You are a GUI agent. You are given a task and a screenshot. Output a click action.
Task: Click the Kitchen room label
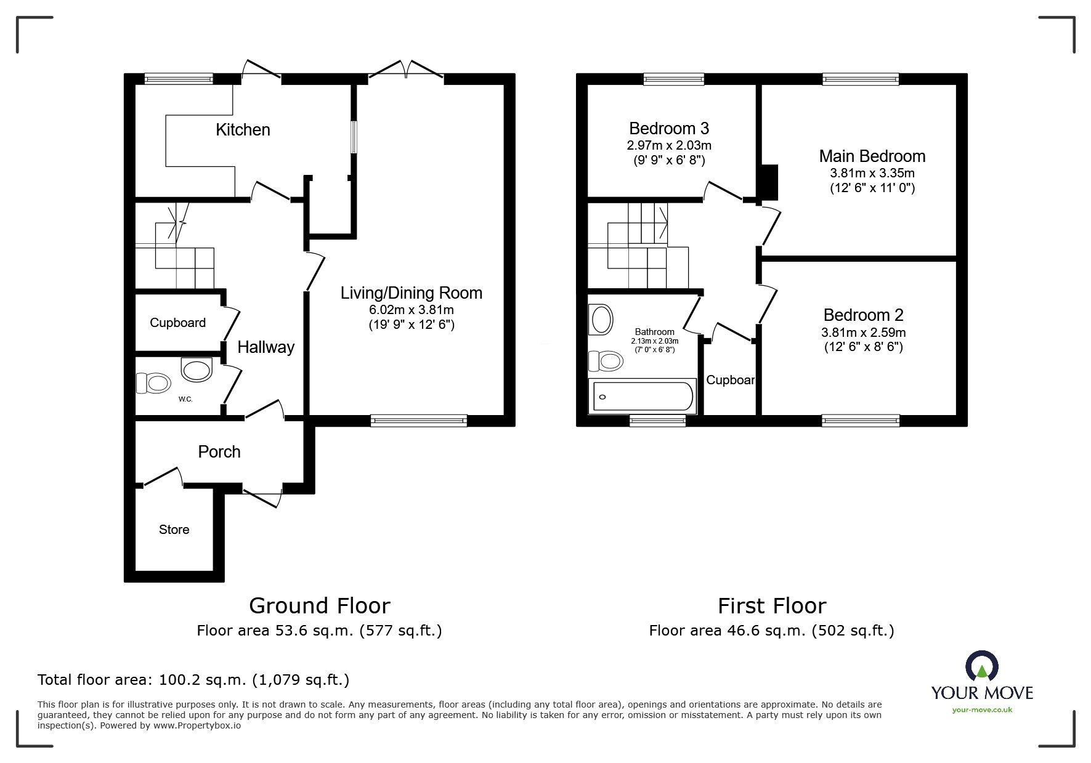click(243, 130)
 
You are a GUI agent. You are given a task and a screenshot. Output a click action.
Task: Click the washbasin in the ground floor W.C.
click(197, 370)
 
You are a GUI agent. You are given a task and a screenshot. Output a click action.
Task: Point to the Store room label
click(174, 530)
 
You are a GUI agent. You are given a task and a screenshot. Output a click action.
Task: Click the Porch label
click(219, 452)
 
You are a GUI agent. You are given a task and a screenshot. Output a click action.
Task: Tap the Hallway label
click(266, 347)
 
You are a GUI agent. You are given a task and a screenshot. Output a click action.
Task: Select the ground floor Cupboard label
click(177, 323)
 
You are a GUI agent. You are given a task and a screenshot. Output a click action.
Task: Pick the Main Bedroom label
click(872, 156)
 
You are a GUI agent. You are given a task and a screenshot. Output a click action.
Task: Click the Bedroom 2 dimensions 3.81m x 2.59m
click(863, 333)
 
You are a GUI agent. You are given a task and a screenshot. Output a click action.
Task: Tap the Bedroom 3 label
click(668, 129)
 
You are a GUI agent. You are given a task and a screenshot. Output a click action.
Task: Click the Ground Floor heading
click(319, 606)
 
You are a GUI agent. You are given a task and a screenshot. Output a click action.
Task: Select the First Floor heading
click(771, 606)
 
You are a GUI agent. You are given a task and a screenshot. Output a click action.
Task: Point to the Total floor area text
click(193, 680)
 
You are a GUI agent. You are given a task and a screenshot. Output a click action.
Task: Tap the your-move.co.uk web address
click(982, 710)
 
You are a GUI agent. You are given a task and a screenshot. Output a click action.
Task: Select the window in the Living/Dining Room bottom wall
click(419, 421)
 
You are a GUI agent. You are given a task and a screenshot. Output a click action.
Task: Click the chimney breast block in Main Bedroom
click(769, 182)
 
